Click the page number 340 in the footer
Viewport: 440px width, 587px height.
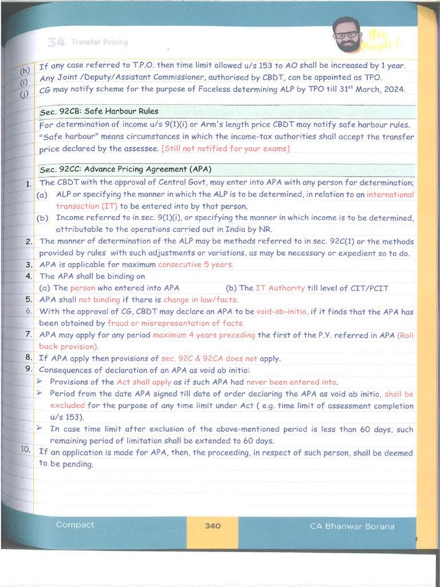212,526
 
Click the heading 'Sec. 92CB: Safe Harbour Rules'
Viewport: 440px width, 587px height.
99,111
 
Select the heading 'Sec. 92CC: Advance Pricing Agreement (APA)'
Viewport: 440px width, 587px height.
125,170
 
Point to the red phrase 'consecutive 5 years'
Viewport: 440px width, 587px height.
195,265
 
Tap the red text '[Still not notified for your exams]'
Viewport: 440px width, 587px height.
226,149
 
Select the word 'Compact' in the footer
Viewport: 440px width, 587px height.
75,525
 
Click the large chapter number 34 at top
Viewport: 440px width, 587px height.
56,42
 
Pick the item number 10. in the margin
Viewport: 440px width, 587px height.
26,449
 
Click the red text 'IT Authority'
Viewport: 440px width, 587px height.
281,288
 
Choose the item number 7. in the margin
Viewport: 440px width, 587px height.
29,334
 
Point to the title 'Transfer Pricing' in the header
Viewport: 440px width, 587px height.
99,42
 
